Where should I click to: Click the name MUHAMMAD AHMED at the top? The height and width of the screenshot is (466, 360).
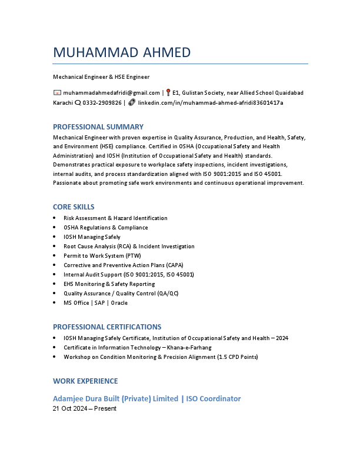pos(122,52)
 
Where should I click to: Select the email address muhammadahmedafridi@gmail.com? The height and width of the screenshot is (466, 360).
pos(111,93)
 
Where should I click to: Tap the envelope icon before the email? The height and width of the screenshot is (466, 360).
pos(57,93)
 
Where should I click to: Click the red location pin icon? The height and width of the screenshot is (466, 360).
pos(168,92)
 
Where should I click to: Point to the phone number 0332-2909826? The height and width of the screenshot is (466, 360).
pos(102,102)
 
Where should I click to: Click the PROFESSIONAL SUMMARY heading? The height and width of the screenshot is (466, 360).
pos(98,127)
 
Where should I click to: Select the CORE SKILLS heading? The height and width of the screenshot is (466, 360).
pos(74,207)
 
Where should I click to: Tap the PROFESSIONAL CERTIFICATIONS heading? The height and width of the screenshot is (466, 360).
pos(107,327)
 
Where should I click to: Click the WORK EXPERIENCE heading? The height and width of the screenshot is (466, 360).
pos(85,381)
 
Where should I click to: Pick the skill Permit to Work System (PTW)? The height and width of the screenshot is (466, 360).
pos(102,256)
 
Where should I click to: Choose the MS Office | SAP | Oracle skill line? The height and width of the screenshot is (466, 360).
pos(95,303)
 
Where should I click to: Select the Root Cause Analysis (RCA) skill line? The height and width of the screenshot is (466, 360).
pos(129,247)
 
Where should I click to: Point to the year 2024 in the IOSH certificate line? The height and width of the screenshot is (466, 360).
pos(282,338)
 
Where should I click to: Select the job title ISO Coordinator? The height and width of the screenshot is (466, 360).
pos(214,398)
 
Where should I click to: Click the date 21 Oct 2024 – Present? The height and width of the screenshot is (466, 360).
pos(85,408)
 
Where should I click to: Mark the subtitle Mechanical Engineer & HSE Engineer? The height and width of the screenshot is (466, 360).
pos(101,77)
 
